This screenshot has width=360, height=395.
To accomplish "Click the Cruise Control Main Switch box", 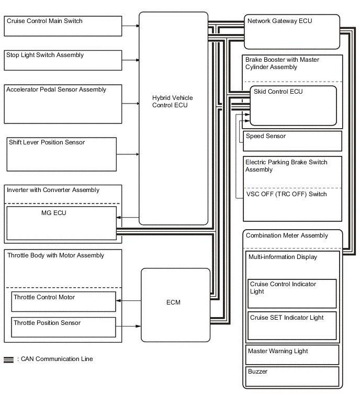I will point(63,26).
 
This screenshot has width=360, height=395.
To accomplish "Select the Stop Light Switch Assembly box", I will point(63,60).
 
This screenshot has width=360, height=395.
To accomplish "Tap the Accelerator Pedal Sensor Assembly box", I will point(63,103).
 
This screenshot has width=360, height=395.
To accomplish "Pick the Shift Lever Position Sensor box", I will point(61,154).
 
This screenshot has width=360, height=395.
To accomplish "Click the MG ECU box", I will point(61,223).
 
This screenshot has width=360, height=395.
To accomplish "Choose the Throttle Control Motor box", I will point(63,301).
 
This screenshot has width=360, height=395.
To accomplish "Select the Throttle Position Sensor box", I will point(63,327).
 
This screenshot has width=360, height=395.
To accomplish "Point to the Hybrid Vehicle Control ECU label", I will point(170,101).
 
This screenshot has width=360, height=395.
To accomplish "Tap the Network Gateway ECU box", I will point(291,30).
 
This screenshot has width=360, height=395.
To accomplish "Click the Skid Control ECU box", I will point(292,106).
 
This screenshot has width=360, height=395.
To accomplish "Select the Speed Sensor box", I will point(292,141).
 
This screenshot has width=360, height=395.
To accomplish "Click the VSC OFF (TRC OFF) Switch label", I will point(286,194).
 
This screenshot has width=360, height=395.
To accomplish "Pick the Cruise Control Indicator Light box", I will point(292,294).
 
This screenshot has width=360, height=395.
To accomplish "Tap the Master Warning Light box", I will point(292,354).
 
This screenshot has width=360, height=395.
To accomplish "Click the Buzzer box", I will point(292,377).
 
